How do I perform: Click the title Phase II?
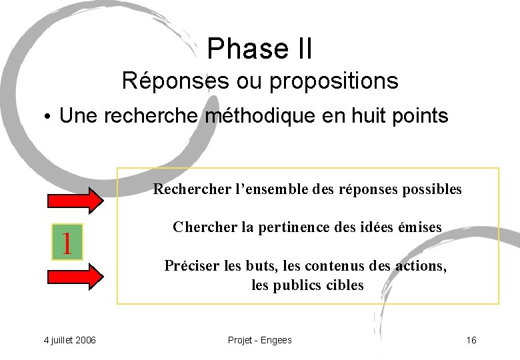[259, 48]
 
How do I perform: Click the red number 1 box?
[67, 242]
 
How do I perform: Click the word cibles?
[345, 285]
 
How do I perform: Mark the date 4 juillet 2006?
[69, 341]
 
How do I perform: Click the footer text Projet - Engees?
[259, 341]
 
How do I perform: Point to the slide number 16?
[471, 341]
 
